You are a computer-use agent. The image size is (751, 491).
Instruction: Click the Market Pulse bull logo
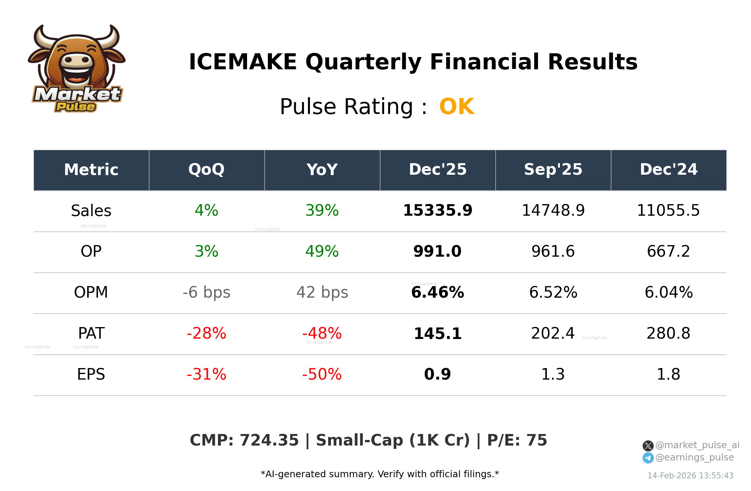tap(76, 69)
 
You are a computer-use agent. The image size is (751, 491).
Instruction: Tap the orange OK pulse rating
tap(457, 107)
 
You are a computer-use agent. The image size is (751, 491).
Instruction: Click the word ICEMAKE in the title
tap(243, 62)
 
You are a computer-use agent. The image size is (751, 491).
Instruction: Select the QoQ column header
tap(206, 170)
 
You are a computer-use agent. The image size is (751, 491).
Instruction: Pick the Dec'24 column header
tap(668, 170)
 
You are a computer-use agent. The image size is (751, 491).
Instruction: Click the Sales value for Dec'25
tap(437, 210)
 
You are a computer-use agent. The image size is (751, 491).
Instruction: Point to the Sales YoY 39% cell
tap(322, 210)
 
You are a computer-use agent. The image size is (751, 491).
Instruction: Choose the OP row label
tap(91, 251)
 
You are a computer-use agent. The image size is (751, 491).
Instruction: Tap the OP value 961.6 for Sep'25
tap(553, 251)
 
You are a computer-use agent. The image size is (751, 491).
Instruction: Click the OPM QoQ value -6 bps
tap(206, 292)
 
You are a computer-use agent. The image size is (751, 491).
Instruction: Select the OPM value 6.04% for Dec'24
tap(668, 292)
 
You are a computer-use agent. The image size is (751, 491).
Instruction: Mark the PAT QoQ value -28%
tap(206, 333)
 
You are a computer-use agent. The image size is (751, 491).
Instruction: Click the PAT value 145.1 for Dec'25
tap(437, 333)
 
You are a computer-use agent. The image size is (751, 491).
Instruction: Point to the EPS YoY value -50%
tap(322, 374)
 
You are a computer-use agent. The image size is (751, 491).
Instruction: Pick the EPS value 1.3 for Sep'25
tap(553, 374)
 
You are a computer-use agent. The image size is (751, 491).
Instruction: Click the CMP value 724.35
tap(269, 440)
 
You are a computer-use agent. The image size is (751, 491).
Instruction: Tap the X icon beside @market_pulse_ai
tap(648, 446)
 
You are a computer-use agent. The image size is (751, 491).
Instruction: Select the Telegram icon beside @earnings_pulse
tap(648, 458)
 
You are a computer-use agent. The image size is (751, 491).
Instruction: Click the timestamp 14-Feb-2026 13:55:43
tap(690, 476)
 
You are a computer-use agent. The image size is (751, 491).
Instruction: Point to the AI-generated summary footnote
tap(380, 474)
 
